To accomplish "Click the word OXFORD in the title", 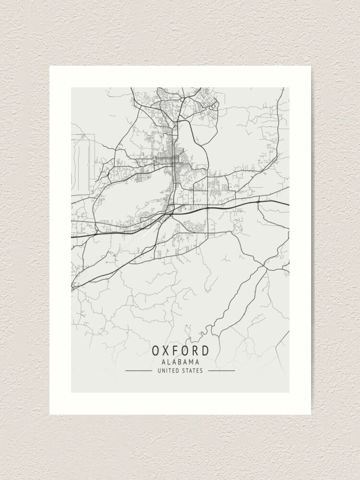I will [180, 350].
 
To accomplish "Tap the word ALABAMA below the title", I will [180, 362].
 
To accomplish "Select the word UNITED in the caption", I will [168, 371].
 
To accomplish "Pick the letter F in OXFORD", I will [180, 350].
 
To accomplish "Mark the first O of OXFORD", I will [156, 350].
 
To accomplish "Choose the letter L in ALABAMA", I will [168, 362].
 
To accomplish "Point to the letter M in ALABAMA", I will [192, 362].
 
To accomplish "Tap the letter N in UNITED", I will [162, 371].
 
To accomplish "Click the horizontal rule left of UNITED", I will [138, 371].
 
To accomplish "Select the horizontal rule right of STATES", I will [222, 371].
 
